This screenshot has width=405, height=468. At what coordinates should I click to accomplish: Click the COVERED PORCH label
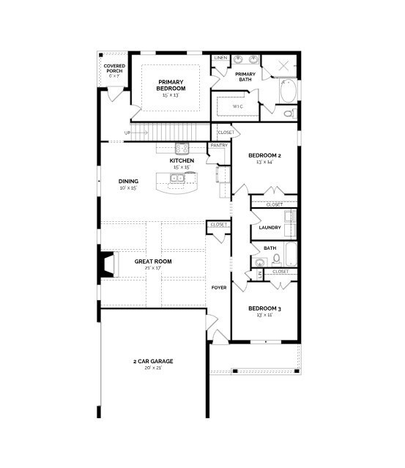tap(114, 68)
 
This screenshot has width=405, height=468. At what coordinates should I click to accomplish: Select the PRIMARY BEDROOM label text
tap(171, 85)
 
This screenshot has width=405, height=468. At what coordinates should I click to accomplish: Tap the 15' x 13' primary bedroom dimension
tap(171, 95)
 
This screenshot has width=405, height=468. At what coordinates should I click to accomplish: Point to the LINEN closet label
tap(220, 58)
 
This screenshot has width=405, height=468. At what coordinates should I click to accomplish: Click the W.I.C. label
tap(238, 107)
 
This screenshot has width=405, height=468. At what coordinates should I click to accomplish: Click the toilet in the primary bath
tap(290, 114)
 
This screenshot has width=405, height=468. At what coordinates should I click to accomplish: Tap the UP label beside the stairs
tap(127, 133)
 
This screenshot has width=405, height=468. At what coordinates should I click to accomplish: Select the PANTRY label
tap(219, 145)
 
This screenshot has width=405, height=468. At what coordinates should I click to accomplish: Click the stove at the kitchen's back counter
tap(182, 147)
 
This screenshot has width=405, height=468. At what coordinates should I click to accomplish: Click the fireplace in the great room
tap(108, 264)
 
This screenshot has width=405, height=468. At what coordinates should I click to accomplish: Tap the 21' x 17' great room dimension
tap(153, 269)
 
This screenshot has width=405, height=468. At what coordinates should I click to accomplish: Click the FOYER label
tap(218, 287)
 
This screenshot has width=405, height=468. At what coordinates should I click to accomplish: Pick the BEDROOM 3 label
tap(264, 308)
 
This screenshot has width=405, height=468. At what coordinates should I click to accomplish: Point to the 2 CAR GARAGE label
tap(153, 361)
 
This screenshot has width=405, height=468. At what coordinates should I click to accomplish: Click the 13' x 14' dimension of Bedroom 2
tap(264, 163)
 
